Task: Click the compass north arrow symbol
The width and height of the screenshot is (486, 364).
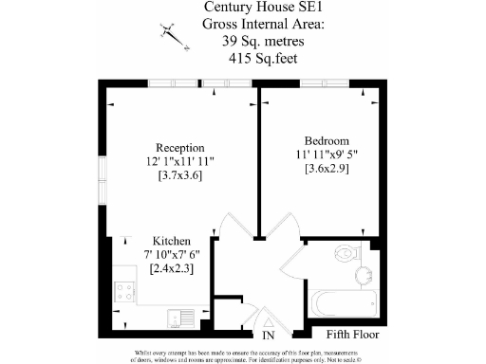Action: coord(172,31)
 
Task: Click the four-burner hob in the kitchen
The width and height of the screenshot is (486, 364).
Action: coord(123,290)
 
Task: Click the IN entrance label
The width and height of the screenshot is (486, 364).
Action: coord(269,336)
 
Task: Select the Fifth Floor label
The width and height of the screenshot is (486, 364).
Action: coord(352,335)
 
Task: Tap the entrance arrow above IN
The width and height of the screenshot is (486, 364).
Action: coord(270,317)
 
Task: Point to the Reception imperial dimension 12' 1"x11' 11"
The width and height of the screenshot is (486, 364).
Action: coord(182,162)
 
